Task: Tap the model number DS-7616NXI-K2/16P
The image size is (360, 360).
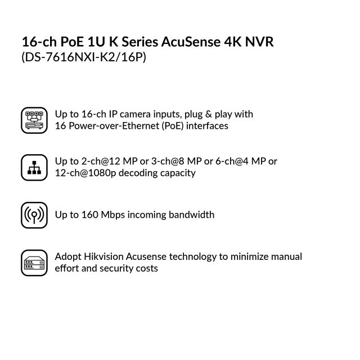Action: point(84,57)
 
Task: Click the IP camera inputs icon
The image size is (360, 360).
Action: point(34,120)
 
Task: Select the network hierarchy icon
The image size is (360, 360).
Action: point(34,167)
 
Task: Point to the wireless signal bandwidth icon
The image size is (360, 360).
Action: point(34,215)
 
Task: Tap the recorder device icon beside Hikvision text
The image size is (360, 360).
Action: point(34,263)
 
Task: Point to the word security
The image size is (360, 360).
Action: point(111,268)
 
